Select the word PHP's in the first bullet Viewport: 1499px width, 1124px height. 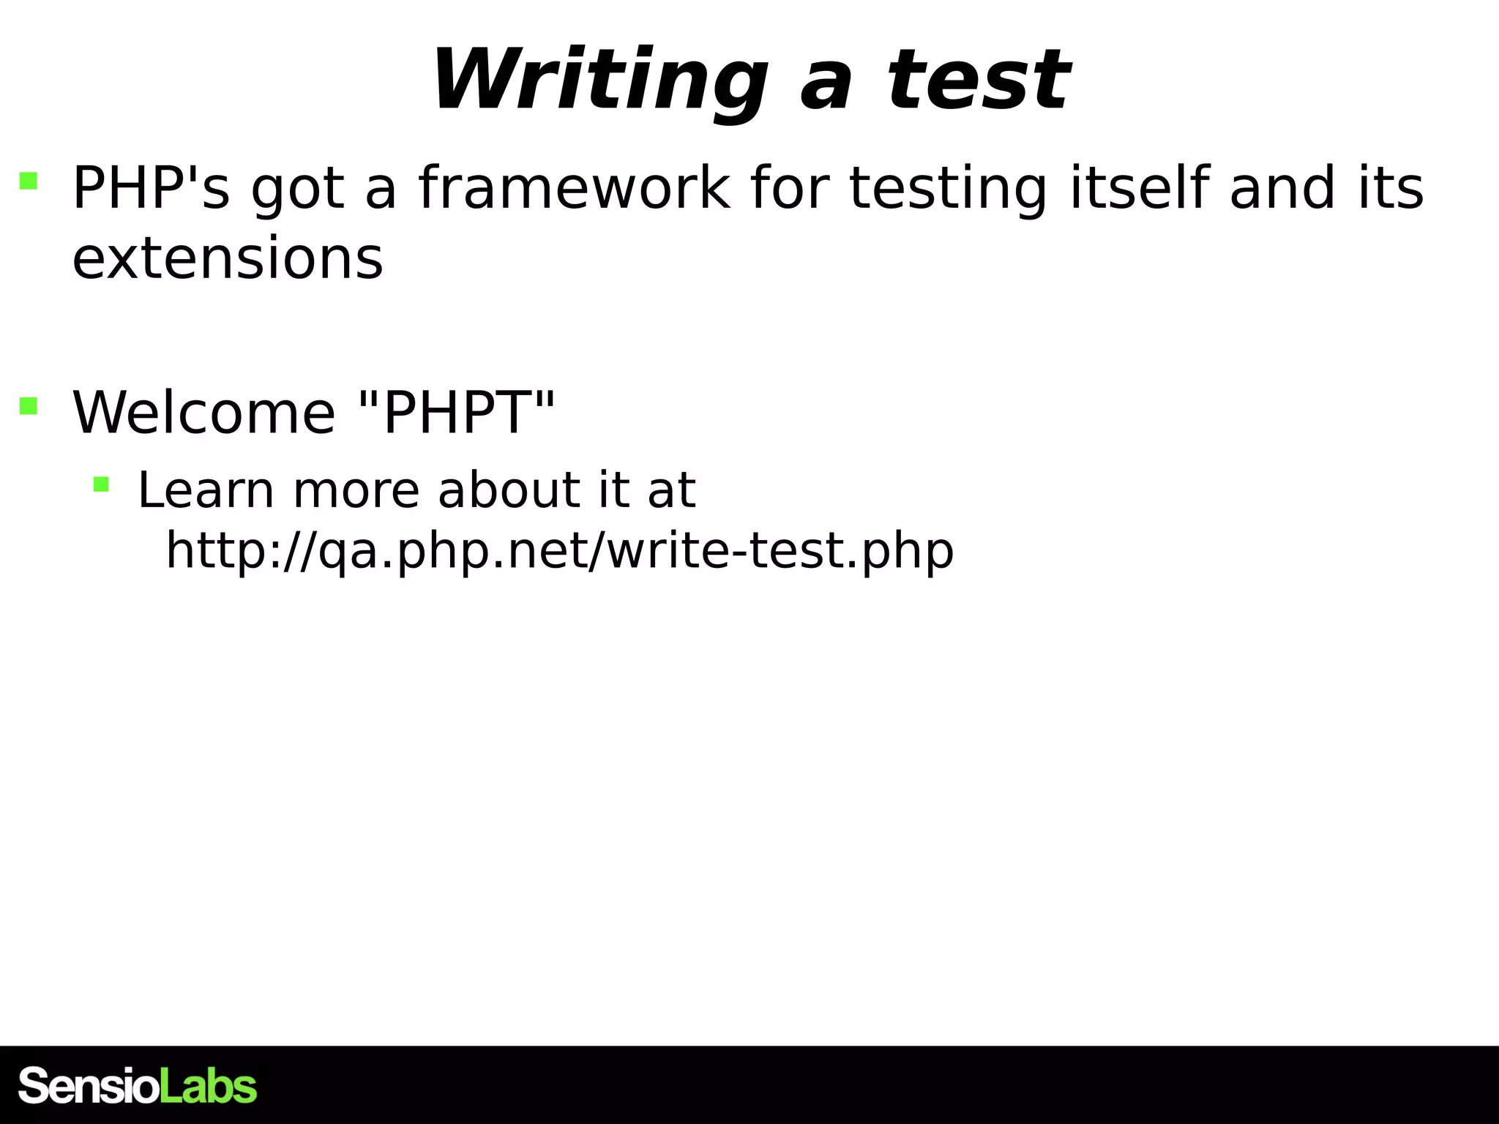(x=151, y=188)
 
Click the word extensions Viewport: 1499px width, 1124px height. (x=228, y=258)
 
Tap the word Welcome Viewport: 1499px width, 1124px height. (x=204, y=413)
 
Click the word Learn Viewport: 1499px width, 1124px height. (x=206, y=490)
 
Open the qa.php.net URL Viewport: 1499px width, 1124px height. (x=560, y=550)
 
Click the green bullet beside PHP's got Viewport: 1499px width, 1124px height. (x=29, y=180)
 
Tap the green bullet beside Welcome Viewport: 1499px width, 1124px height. (x=29, y=405)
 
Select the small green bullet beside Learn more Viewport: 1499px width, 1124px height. (x=101, y=484)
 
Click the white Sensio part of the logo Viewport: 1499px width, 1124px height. (x=89, y=1085)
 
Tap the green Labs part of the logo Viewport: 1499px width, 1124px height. (x=209, y=1085)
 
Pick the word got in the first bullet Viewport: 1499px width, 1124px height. (x=297, y=188)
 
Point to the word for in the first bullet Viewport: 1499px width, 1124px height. (x=788, y=188)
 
